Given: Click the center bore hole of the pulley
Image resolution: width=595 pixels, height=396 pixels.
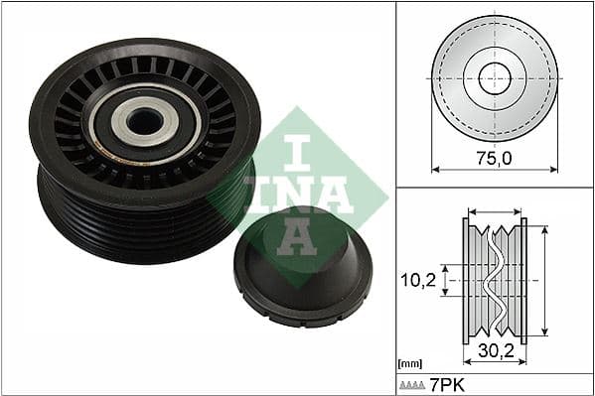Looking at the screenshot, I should tap(145, 120).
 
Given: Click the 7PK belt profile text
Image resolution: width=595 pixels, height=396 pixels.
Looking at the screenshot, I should tap(447, 383).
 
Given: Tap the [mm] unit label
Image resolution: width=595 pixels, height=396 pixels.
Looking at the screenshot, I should tap(408, 363).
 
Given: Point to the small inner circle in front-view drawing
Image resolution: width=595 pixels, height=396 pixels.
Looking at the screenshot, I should tap(494, 78).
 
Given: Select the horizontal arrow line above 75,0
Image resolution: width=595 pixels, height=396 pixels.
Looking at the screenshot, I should tap(494, 170).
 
